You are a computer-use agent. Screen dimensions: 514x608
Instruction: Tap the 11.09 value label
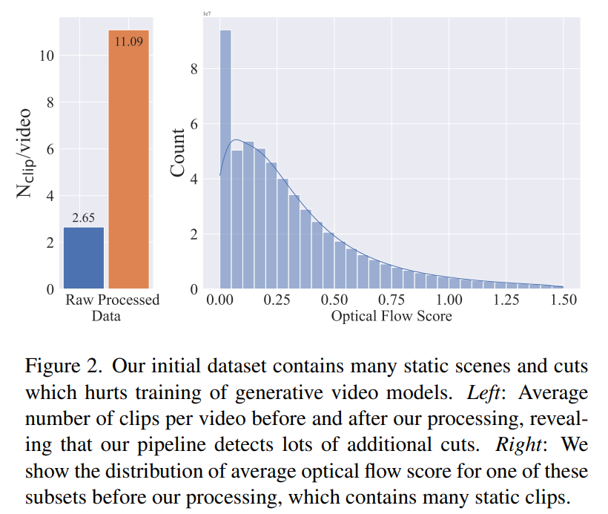click(x=129, y=41)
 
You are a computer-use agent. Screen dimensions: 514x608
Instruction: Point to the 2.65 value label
click(x=84, y=218)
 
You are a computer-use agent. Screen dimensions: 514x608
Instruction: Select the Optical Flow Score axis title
click(x=391, y=317)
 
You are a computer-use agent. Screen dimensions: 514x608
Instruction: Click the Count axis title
click(x=178, y=153)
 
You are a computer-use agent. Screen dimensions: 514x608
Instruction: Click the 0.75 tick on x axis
click(x=391, y=300)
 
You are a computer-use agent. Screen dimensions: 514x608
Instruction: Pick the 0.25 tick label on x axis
click(x=277, y=300)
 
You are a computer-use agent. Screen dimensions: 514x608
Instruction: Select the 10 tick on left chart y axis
click(x=46, y=56)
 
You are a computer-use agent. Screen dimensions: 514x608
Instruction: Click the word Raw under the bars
click(x=79, y=300)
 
